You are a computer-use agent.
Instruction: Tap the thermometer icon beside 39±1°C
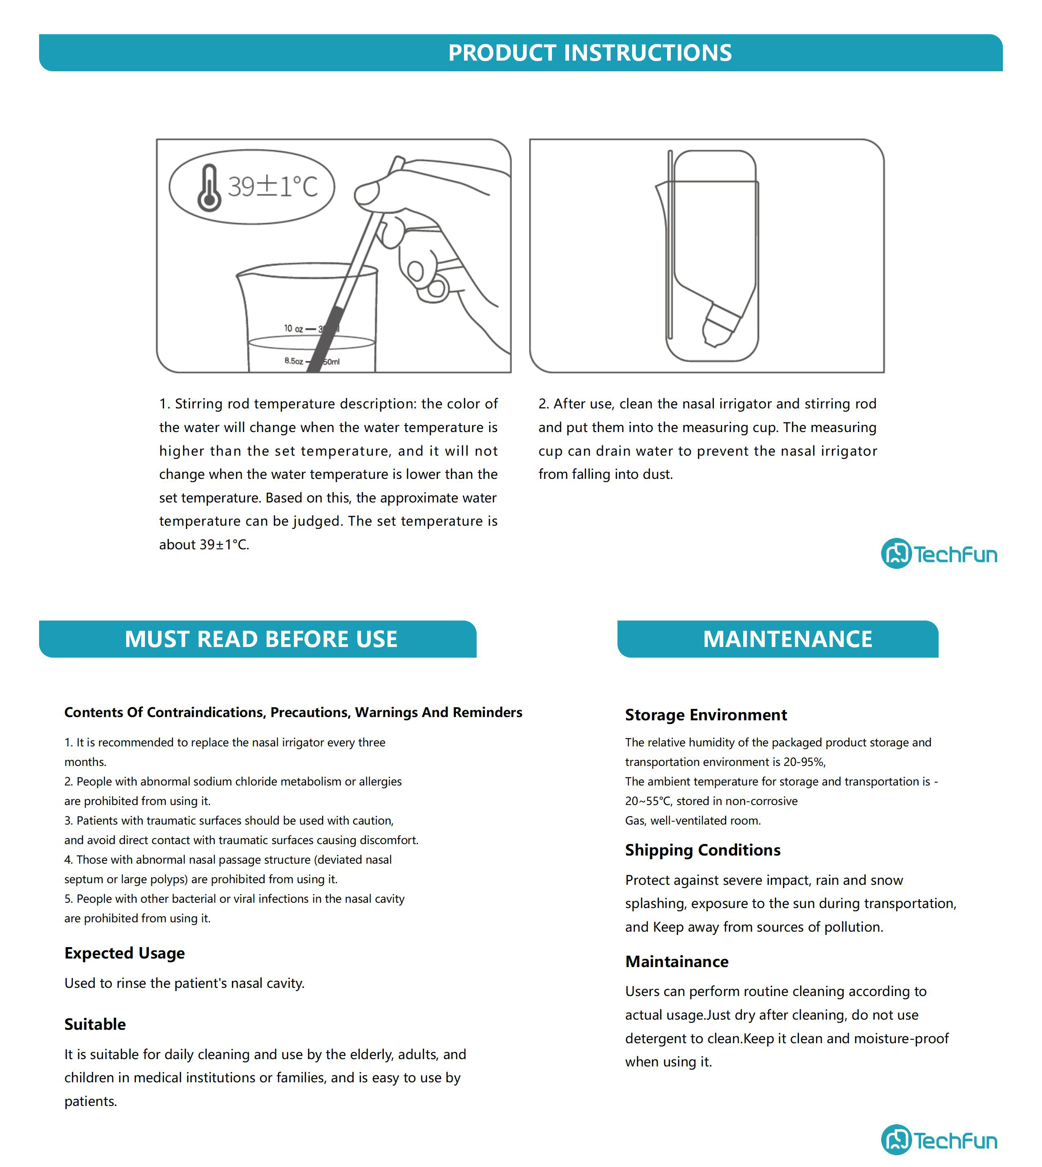click(209, 188)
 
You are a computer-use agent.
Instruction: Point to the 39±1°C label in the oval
click(273, 186)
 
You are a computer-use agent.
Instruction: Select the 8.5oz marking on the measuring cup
click(294, 361)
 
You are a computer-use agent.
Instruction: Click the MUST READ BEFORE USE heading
click(260, 639)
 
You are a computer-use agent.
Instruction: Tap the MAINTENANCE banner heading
click(787, 639)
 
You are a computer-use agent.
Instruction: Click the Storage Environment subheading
click(705, 715)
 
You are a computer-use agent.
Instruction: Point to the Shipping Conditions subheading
click(703, 850)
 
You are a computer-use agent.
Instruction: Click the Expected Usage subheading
click(124, 953)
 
